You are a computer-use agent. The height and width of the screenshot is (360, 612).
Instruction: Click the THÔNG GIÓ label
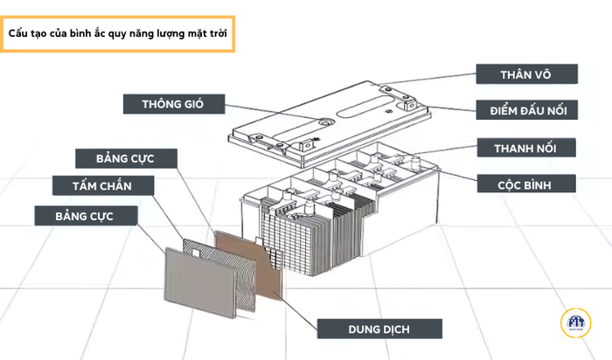click(x=172, y=105)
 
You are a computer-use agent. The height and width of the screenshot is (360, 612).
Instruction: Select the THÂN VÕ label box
click(x=526, y=74)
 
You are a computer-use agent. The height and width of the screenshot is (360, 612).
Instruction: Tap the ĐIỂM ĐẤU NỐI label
click(x=526, y=111)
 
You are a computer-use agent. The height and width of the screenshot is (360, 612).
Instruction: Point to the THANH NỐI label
click(x=526, y=148)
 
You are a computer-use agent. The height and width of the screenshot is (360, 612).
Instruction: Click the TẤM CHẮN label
click(x=102, y=185)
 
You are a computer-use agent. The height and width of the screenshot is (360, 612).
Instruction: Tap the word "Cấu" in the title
click(x=19, y=35)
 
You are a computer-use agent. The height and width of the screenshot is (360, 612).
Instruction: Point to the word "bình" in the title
click(x=73, y=35)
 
